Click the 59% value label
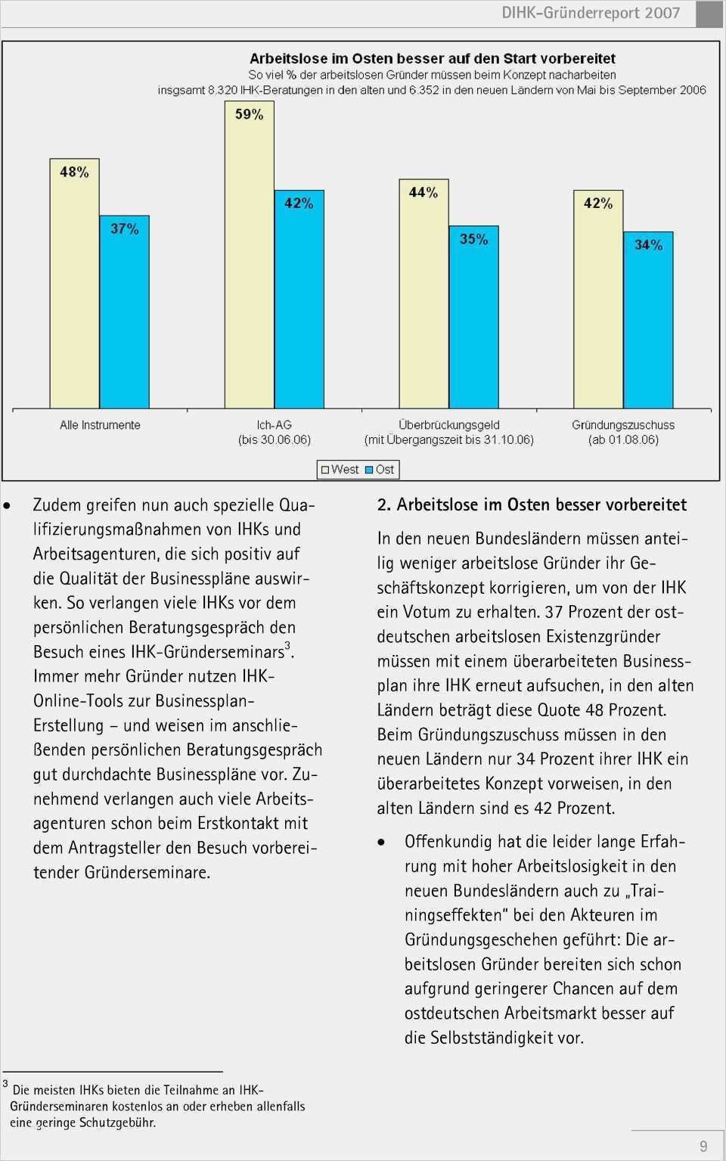click(249, 114)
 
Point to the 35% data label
click(474, 239)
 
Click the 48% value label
click(74, 172)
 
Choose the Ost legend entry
click(380, 470)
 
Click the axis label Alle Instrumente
click(100, 425)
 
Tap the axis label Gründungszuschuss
click(623, 425)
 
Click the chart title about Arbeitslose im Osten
click(432, 58)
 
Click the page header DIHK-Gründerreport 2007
click(591, 13)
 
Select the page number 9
click(703, 1146)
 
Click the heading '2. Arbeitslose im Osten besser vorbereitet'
click(532, 504)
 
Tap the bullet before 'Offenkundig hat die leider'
click(382, 843)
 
